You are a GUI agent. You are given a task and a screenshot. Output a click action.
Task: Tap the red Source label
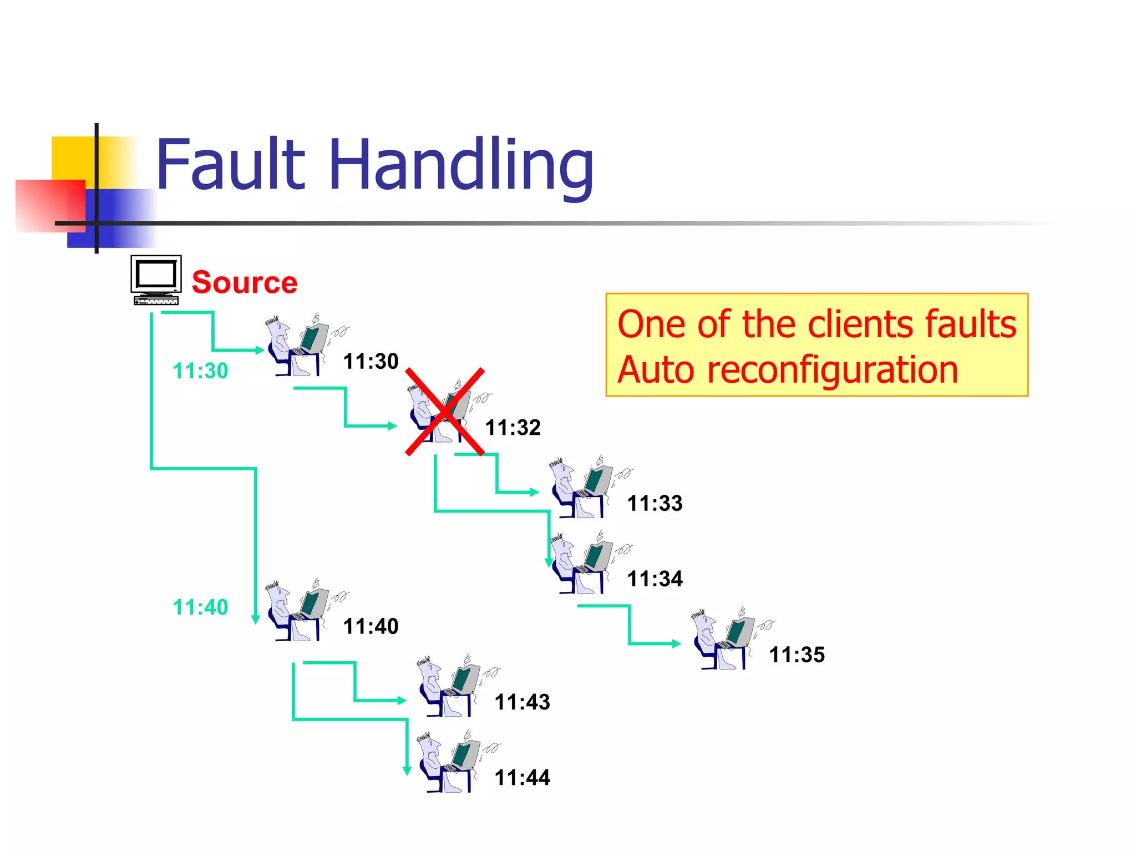[x=245, y=282]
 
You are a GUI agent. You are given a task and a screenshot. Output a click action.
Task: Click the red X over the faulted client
[x=445, y=412]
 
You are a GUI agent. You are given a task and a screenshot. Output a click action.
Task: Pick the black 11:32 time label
[x=513, y=428]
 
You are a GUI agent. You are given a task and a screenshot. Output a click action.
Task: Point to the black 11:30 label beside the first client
[x=371, y=361]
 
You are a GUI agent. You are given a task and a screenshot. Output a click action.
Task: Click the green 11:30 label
[x=200, y=371]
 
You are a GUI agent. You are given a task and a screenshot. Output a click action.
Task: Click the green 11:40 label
[x=200, y=607]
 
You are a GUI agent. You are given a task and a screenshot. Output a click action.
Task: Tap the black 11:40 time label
[x=371, y=626]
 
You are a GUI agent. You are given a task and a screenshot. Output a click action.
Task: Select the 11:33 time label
[x=655, y=503]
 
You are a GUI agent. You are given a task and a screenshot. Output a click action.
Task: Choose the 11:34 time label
[x=655, y=579]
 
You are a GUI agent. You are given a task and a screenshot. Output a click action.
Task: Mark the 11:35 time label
[x=797, y=655]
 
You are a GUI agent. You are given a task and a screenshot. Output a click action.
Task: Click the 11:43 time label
[x=522, y=702]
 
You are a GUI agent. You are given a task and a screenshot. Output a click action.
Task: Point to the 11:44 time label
[x=522, y=777]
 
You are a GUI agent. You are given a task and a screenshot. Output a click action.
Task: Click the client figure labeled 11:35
[x=723, y=640]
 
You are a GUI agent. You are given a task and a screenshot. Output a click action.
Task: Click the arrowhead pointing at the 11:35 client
[x=676, y=643]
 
